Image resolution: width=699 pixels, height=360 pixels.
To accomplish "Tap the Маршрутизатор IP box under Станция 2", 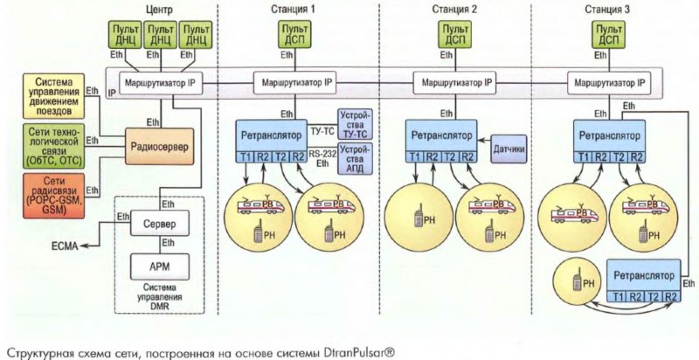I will point(451,81).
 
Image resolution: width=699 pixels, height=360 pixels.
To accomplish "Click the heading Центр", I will point(158,9).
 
